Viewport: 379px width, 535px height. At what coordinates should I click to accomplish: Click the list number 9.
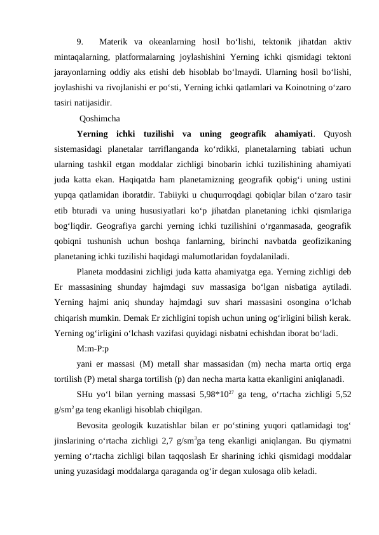tap(79, 43)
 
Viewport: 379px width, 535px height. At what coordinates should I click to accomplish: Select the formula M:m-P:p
tap(92, 348)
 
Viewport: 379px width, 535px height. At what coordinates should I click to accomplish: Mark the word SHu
tap(84, 394)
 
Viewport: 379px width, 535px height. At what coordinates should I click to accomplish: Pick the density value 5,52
tap(342, 394)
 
